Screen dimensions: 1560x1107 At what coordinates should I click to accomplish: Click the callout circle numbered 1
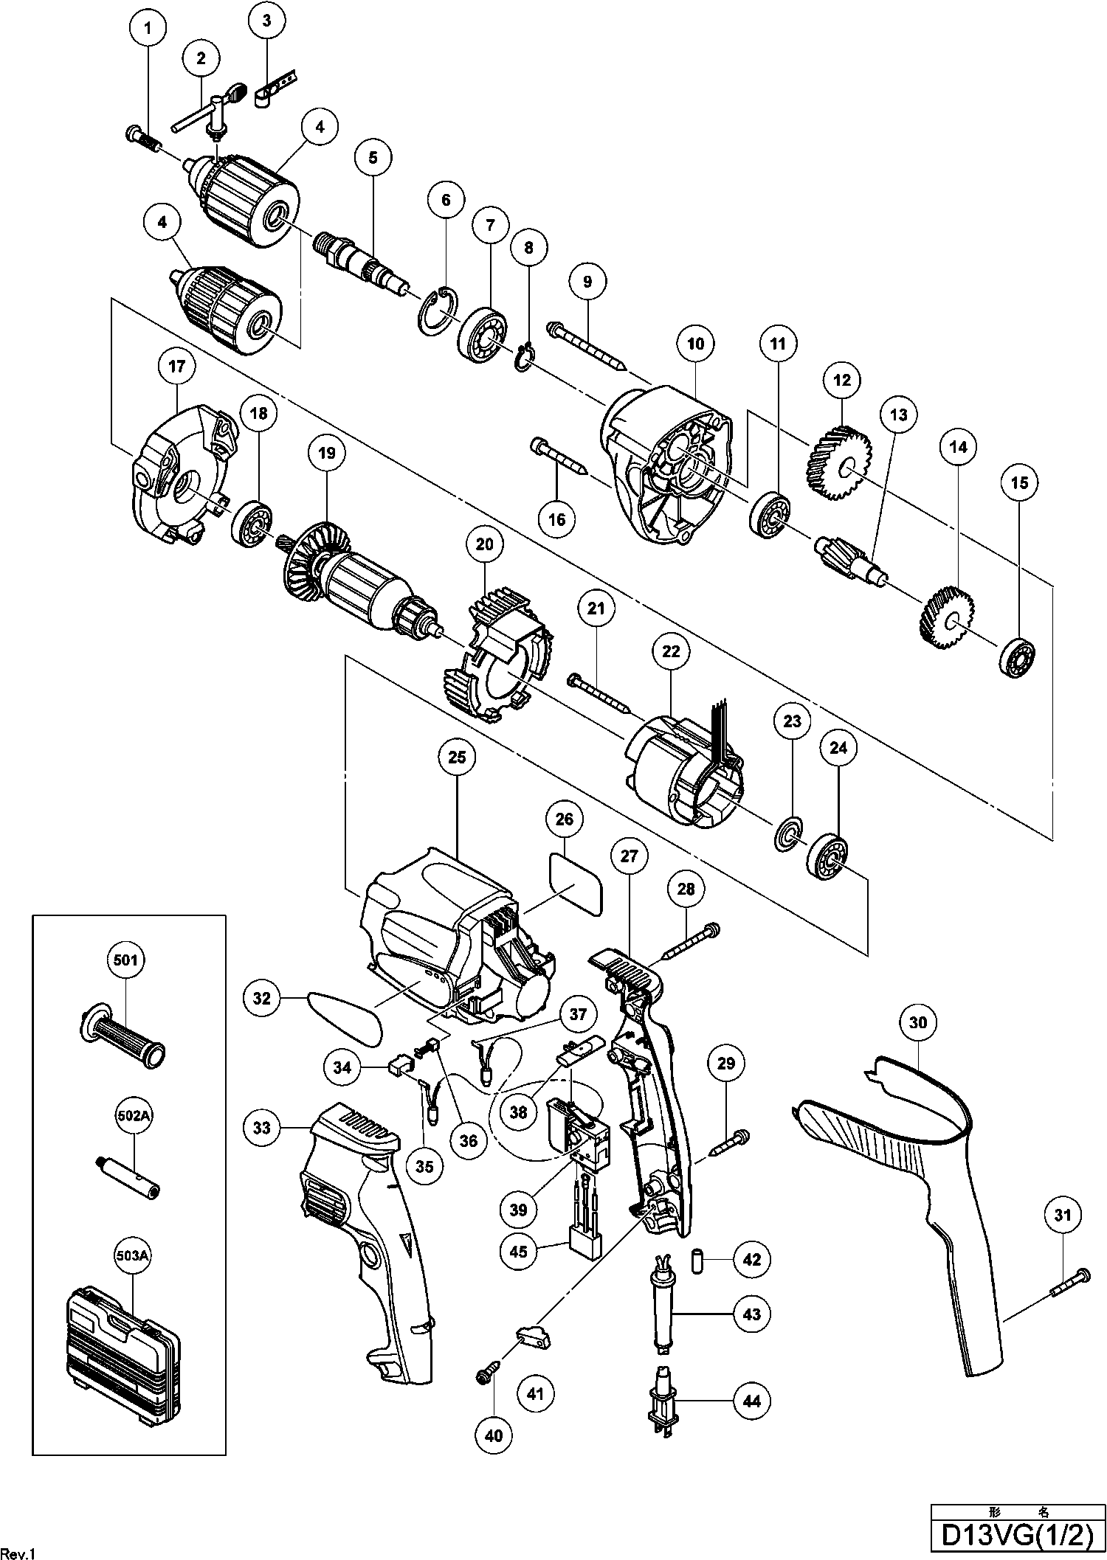click(x=149, y=29)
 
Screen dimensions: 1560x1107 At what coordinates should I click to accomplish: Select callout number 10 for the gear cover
click(x=696, y=343)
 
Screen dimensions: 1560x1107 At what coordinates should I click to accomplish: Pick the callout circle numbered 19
click(x=327, y=454)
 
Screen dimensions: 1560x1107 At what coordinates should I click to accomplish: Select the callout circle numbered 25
click(x=457, y=758)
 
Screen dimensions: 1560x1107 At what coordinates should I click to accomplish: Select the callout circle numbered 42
click(x=752, y=1260)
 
